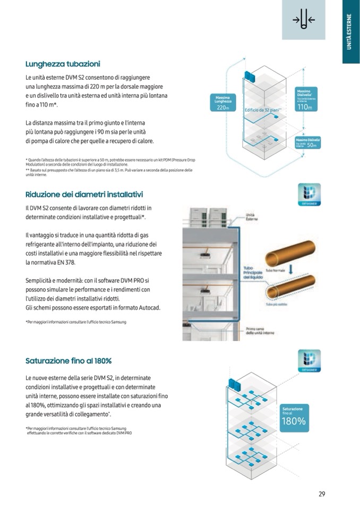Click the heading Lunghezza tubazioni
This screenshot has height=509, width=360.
[63, 64]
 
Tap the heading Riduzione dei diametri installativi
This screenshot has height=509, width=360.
[84, 194]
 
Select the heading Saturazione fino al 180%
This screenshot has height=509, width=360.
[68, 361]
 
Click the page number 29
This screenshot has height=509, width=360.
[322, 494]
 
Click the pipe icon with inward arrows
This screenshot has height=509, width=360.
[303, 20]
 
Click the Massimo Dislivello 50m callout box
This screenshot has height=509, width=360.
[306, 143]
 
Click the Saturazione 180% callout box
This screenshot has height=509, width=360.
[294, 417]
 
